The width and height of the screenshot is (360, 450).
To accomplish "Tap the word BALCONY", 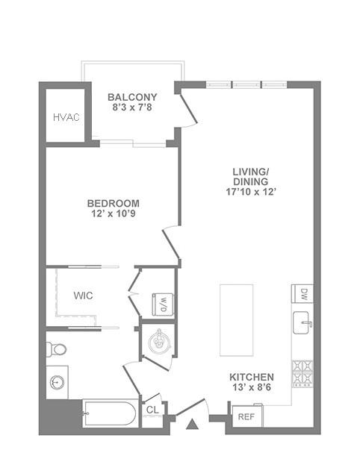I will (132, 97).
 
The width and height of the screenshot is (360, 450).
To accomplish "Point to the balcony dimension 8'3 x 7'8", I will (132, 108).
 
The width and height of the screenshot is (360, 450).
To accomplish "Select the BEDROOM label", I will (114, 203).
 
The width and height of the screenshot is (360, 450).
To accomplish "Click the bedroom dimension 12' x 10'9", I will (114, 215).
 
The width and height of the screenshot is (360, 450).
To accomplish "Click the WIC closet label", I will (83, 296).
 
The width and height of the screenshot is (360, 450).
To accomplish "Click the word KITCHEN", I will (252, 378).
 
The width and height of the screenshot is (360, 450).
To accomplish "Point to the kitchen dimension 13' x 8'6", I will (252, 389).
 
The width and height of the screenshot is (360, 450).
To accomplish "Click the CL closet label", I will (152, 410).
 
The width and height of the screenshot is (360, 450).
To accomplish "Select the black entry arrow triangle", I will (191, 425).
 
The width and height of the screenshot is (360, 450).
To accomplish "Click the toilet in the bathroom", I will (57, 349).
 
